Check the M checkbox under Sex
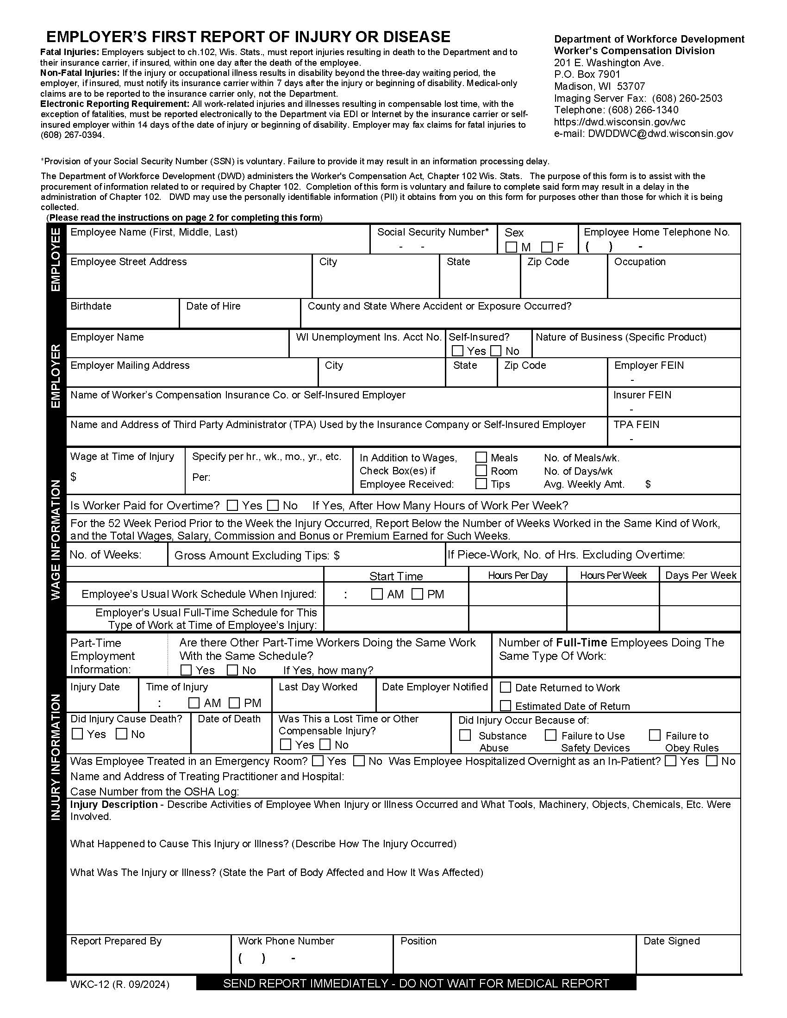click(x=512, y=247)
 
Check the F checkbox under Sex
click(x=547, y=247)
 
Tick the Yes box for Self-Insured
click(x=458, y=351)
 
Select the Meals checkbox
click(x=481, y=457)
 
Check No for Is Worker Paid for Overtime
click(x=273, y=505)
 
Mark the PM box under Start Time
click(x=418, y=594)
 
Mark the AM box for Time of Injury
click(x=194, y=702)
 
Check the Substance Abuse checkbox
click(x=465, y=735)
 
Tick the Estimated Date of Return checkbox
click(x=506, y=706)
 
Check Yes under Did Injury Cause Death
click(x=77, y=734)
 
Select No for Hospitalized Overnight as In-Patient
click(x=712, y=761)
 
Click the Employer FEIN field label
click(x=649, y=366)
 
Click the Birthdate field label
click(x=91, y=306)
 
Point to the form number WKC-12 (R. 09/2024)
click(x=120, y=984)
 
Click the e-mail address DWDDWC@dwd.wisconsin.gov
click(x=660, y=134)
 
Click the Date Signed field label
click(x=671, y=941)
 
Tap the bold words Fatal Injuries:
click(x=69, y=52)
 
